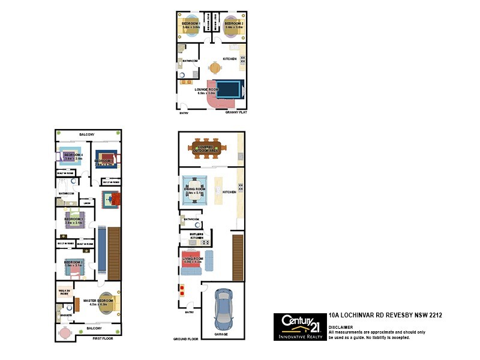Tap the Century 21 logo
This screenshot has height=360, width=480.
coord(299,327)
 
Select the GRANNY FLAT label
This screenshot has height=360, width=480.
coord(236,112)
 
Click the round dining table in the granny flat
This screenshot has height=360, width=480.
coord(214,68)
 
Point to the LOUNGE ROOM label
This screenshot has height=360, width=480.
coord(206,90)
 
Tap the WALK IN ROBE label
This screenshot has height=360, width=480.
coord(64,292)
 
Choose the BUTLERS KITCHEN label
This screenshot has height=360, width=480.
coord(197,236)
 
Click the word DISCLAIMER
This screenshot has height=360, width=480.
coord(341,327)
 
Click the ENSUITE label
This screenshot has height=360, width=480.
coord(67,315)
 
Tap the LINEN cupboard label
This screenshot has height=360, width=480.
coord(87,203)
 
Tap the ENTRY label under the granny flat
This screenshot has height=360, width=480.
coord(184,112)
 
